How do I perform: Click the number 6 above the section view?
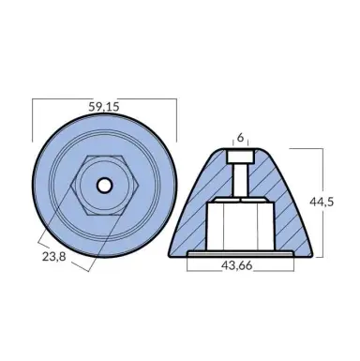pyautogui.click(x=240, y=138)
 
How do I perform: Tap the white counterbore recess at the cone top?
pyautogui.click(x=240, y=154)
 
